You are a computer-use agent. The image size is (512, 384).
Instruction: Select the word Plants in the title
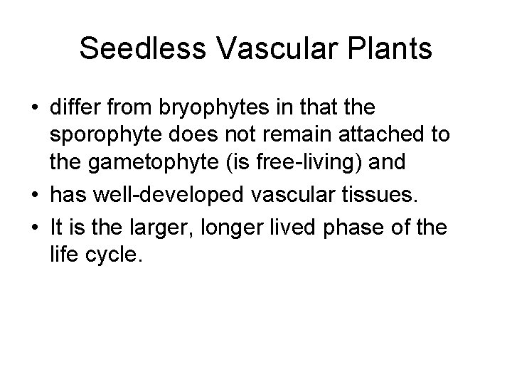tap(393, 49)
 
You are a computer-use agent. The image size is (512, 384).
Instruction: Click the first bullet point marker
tap(35, 110)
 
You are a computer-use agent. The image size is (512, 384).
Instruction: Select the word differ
tap(71, 110)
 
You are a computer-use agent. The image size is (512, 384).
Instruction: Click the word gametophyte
tap(155, 161)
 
